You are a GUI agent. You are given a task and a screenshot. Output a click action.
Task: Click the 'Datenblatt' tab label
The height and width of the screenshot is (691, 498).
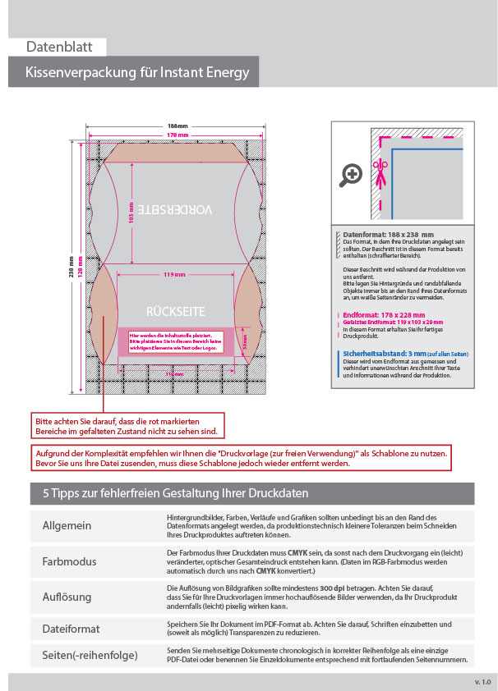pyautogui.click(x=59, y=47)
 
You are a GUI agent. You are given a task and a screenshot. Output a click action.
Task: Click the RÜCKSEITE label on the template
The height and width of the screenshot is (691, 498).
pyautogui.click(x=174, y=312)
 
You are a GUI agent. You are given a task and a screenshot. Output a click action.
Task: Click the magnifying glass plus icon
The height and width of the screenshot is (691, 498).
pyautogui.click(x=352, y=174)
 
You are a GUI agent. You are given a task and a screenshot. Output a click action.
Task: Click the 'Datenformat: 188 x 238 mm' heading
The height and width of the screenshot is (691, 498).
pyautogui.click(x=388, y=235)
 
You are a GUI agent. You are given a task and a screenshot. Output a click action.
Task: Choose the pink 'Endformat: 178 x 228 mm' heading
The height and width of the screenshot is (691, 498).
pyautogui.click(x=384, y=314)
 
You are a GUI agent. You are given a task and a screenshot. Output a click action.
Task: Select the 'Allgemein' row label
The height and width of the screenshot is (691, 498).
pyautogui.click(x=67, y=525)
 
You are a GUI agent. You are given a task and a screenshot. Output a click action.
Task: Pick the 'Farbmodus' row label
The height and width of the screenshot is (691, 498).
pyautogui.click(x=69, y=562)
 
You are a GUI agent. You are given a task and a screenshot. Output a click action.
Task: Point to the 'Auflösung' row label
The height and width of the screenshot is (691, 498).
pyautogui.click(x=67, y=597)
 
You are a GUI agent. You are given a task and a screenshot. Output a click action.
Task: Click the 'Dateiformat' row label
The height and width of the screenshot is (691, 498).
pyautogui.click(x=71, y=629)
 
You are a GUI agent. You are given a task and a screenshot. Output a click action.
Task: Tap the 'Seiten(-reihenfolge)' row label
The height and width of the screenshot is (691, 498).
pyautogui.click(x=90, y=655)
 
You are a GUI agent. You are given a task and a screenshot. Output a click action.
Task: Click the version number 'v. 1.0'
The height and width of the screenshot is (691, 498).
pyautogui.click(x=482, y=682)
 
